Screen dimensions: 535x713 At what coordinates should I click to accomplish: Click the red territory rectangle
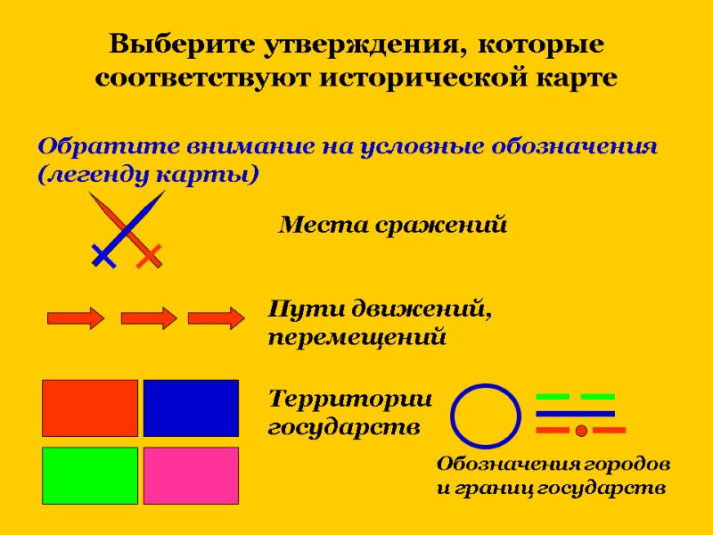(90, 408)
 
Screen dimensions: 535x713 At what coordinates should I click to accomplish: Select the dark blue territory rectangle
(191, 408)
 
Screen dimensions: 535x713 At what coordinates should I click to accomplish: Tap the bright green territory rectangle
(90, 475)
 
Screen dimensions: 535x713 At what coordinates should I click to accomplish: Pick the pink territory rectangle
(191, 475)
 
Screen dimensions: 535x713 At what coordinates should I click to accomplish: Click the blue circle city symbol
(486, 416)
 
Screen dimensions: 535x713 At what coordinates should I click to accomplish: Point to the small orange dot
(581, 431)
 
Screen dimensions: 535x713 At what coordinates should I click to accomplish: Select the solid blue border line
(575, 414)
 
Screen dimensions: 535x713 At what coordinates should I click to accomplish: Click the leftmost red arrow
(76, 317)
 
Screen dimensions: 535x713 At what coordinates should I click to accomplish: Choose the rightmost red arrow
(217, 317)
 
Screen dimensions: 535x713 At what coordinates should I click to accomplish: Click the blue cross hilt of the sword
(104, 257)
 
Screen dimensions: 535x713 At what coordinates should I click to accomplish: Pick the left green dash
(553, 396)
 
